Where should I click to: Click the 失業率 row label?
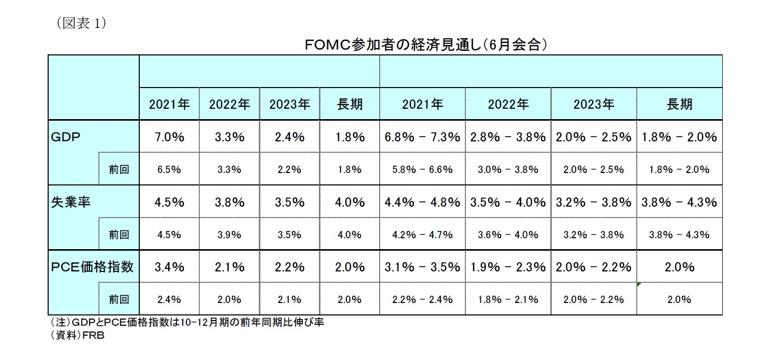71,202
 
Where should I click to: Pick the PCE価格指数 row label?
93,267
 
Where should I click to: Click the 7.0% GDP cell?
169,137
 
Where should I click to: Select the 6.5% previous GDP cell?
169,169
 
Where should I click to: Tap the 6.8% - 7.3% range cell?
422,137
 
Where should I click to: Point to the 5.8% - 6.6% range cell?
422,169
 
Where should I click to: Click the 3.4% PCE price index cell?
169,267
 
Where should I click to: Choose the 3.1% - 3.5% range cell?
422,267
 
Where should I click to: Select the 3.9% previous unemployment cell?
229,235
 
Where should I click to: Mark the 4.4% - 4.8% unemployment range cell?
422,202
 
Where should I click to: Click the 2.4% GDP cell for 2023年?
289,137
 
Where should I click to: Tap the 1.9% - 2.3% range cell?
508,267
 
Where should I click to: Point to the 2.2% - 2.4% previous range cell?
422,299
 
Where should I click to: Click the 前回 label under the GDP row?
119,169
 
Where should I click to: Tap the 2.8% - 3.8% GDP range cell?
508,137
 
